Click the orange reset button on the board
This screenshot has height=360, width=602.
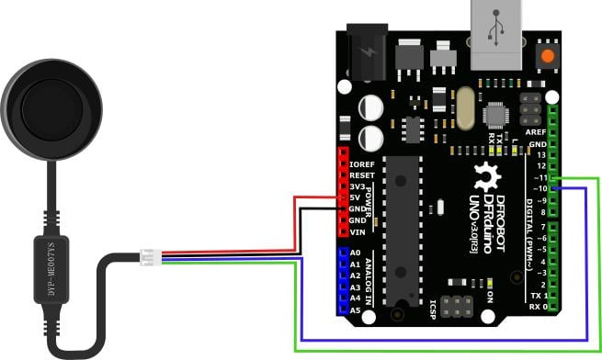point(549,57)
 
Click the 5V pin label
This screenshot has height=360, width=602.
point(356,197)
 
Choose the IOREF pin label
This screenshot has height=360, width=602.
point(362,163)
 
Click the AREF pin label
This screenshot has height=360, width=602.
point(535,132)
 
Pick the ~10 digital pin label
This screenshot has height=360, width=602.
point(538,188)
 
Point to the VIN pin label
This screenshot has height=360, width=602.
point(358,231)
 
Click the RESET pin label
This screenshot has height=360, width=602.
point(362,174)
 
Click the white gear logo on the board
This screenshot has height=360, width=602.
point(486,175)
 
